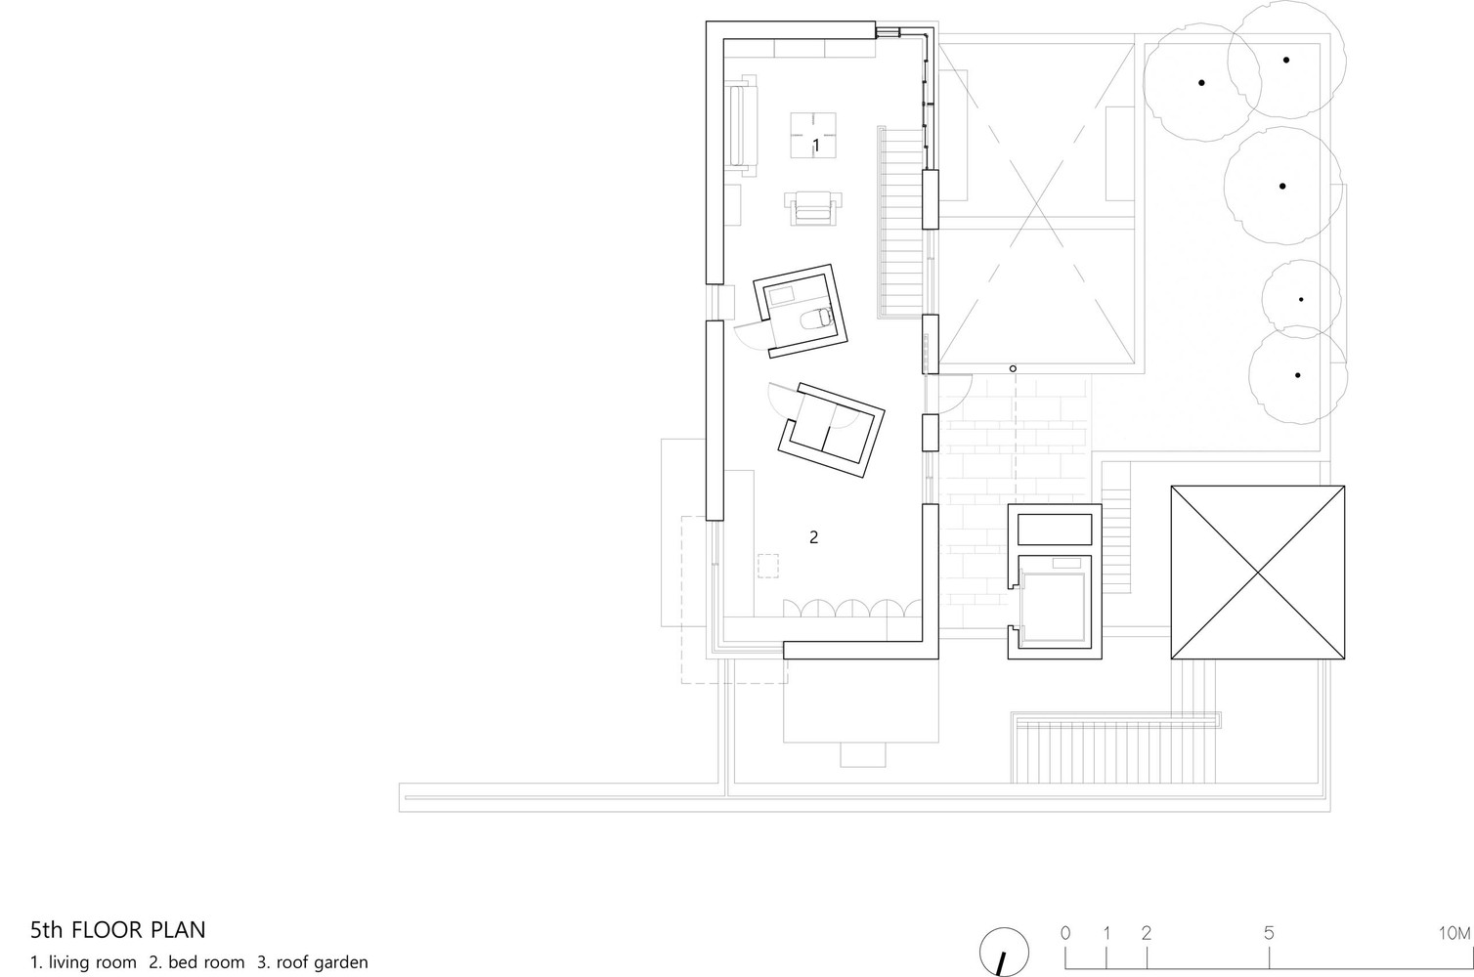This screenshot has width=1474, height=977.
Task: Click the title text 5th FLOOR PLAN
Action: pyautogui.click(x=118, y=928)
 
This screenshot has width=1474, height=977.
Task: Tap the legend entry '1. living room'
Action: pyautogui.click(x=84, y=962)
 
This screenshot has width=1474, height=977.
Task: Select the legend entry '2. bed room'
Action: pyautogui.click(x=196, y=962)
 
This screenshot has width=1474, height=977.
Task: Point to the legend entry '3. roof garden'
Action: pyautogui.click(x=313, y=962)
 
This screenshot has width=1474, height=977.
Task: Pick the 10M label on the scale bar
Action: pyautogui.click(x=1453, y=933)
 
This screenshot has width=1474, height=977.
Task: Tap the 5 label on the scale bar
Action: pyautogui.click(x=1269, y=933)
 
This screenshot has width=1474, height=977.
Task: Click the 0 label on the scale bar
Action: pyautogui.click(x=1065, y=933)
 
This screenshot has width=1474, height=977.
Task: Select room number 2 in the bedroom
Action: pyautogui.click(x=813, y=536)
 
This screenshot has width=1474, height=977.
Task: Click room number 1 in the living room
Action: pyautogui.click(x=815, y=145)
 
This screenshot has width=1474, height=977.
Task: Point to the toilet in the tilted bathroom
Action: pyautogui.click(x=814, y=318)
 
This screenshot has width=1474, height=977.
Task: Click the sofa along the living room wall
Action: pyautogui.click(x=741, y=124)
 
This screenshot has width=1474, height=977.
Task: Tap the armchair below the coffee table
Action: pyautogui.click(x=813, y=207)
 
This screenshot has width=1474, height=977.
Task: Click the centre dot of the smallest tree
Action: pyautogui.click(x=1301, y=299)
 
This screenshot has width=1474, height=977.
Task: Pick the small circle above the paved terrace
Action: pyautogui.click(x=1013, y=368)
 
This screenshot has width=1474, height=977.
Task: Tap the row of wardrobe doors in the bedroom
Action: pyautogui.click(x=852, y=608)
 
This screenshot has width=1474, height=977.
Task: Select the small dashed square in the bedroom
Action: pyautogui.click(x=767, y=568)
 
